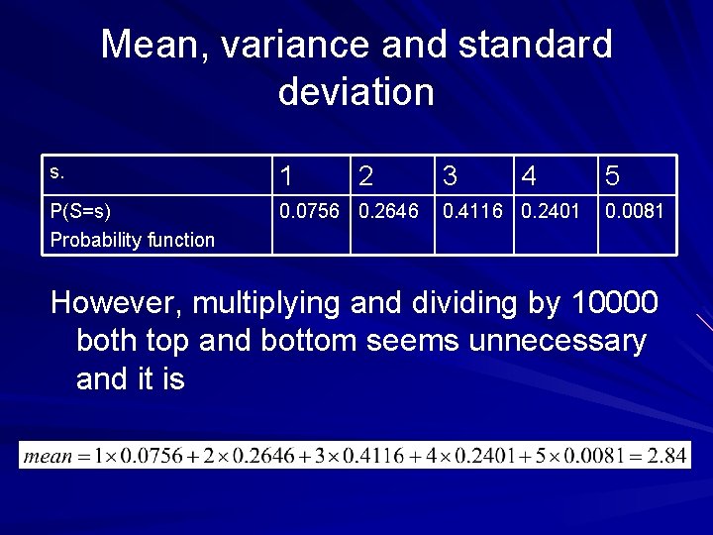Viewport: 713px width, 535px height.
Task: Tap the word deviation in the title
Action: pyautogui.click(x=356, y=92)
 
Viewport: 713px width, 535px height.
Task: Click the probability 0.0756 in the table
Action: pyautogui.click(x=312, y=211)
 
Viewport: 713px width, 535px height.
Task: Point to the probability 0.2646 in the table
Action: pyautogui.click(x=390, y=211)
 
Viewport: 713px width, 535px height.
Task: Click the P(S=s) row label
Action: pyautogui.click(x=81, y=211)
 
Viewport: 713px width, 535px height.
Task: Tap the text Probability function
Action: pyautogui.click(x=132, y=240)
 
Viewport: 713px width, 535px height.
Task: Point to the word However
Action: pyautogui.click(x=116, y=303)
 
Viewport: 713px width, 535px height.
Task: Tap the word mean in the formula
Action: pyautogui.click(x=49, y=457)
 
